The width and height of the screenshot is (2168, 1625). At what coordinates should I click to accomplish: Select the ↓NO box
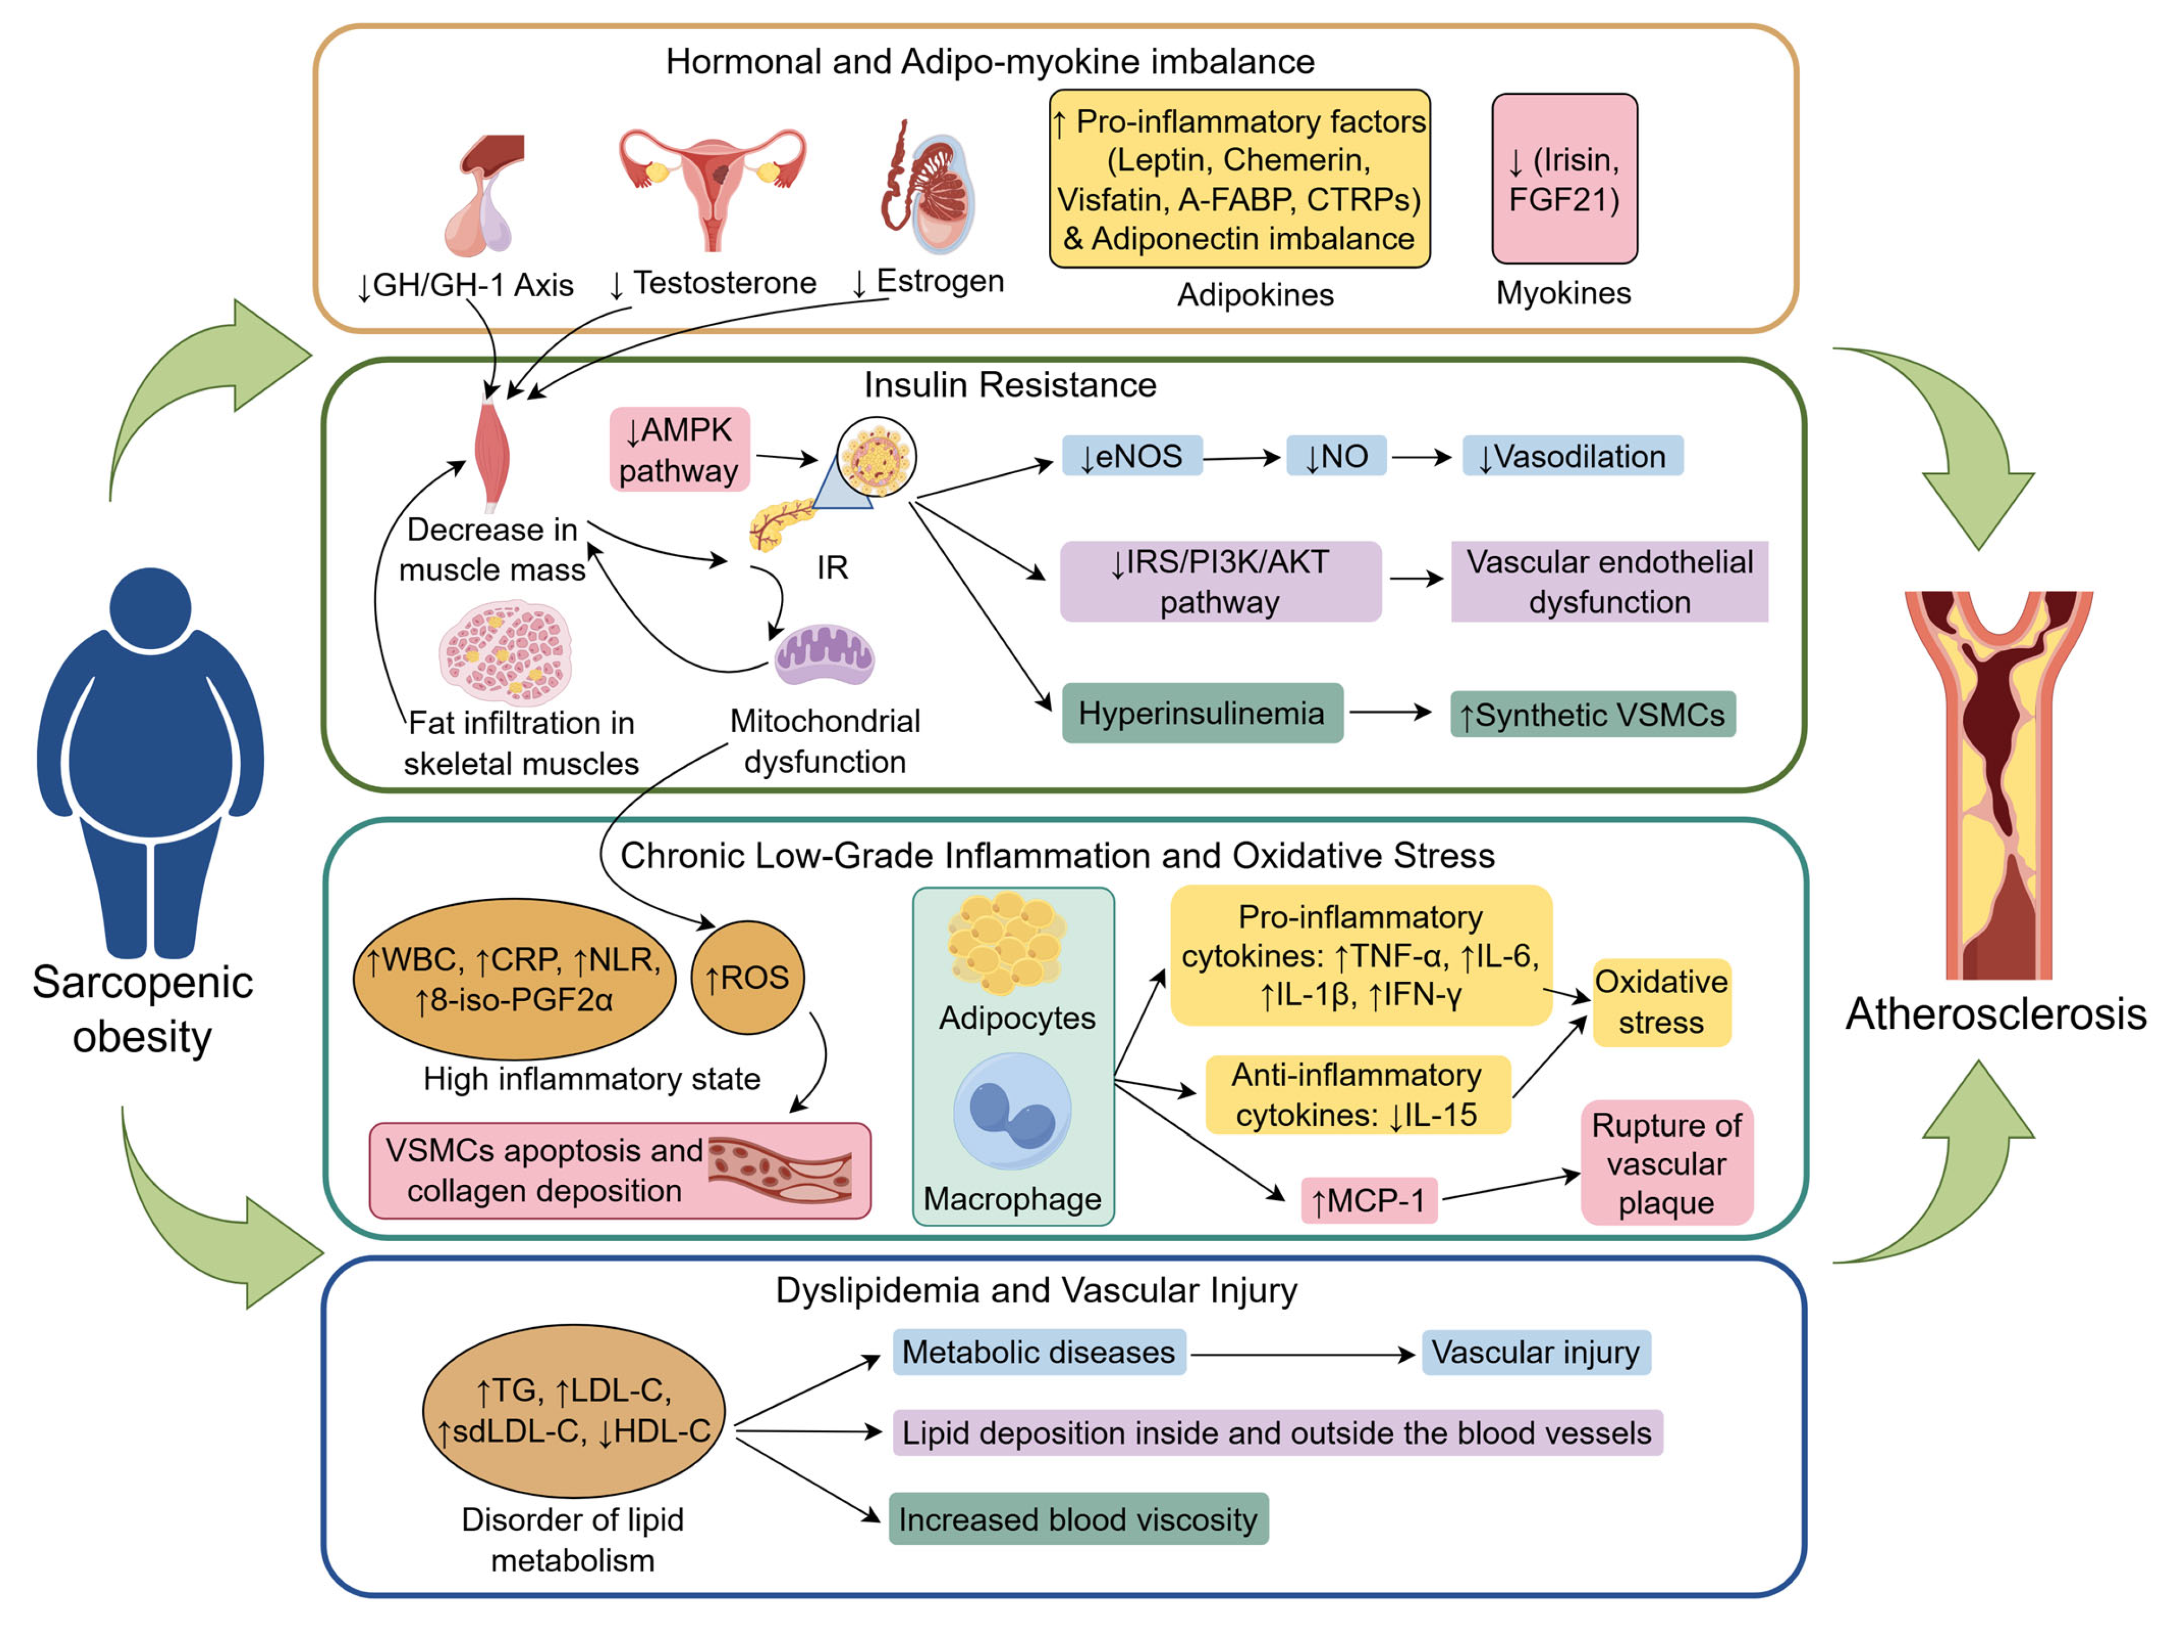click(x=1336, y=456)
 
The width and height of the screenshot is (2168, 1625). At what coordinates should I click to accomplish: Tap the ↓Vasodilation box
click(x=1572, y=456)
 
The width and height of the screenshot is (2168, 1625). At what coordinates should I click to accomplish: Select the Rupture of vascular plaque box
click(x=1666, y=1163)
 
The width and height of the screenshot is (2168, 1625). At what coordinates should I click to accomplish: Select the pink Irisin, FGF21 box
click(x=1564, y=178)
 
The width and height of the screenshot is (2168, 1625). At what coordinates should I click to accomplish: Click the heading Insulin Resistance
click(x=1009, y=385)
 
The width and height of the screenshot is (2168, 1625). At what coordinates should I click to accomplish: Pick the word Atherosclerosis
click(x=1995, y=1014)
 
